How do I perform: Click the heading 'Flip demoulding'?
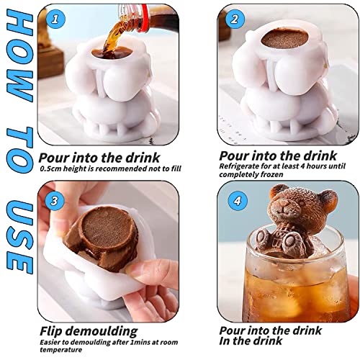click(88, 330)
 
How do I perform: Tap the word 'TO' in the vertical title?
click(18, 143)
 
